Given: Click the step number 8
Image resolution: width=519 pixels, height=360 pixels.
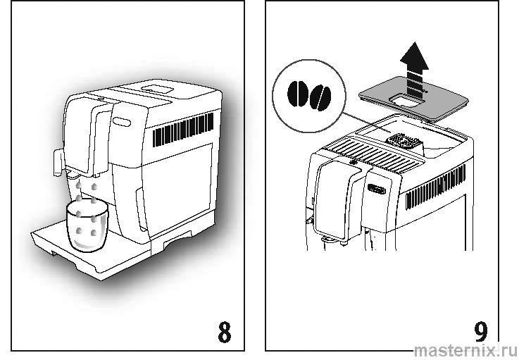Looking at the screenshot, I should coord(224,332).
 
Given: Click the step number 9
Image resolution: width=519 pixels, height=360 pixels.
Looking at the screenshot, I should coord(481,331).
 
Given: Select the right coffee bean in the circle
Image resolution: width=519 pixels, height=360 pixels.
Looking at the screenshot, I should coord(320,97).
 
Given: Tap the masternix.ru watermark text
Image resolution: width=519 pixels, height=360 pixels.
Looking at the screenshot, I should coord(463,350).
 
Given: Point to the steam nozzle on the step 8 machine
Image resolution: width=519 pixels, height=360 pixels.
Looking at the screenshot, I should coord(54,161).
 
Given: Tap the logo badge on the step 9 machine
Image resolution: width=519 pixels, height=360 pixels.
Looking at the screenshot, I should coord(377,189).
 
